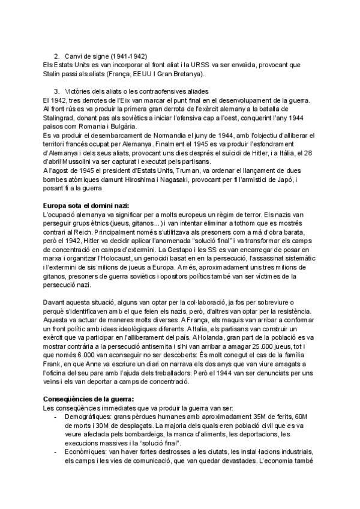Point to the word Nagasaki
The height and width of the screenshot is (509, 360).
click(x=208, y=179)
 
